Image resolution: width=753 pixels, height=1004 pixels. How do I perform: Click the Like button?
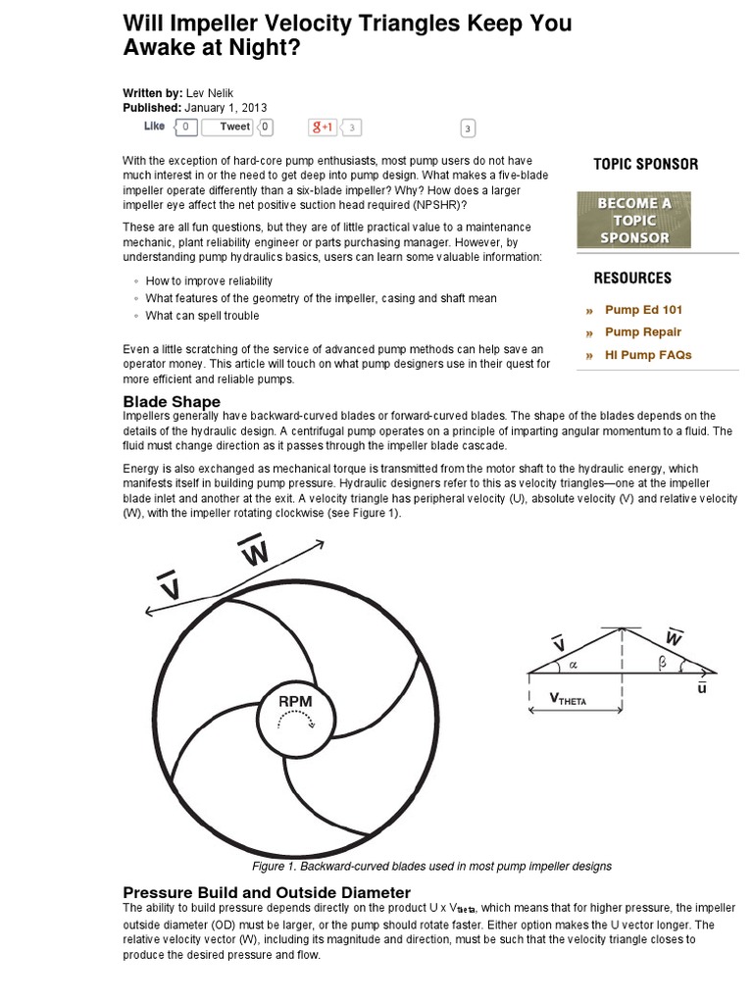155,126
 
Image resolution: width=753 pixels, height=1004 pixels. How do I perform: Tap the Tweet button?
234,126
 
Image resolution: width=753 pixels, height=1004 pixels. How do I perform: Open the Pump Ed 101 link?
643,310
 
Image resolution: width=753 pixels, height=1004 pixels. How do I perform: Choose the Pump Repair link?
642,332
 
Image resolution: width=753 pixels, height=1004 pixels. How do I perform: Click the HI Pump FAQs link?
648,355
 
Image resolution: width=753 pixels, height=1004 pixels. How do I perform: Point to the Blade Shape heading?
171,402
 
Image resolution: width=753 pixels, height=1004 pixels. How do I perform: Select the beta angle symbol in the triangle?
662,664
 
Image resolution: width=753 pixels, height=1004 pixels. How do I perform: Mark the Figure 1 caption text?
431,867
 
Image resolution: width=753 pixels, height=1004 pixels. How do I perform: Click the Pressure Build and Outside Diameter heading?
266,892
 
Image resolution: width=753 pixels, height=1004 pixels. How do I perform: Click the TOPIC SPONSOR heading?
645,165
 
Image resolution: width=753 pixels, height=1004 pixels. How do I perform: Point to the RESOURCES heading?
632,278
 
